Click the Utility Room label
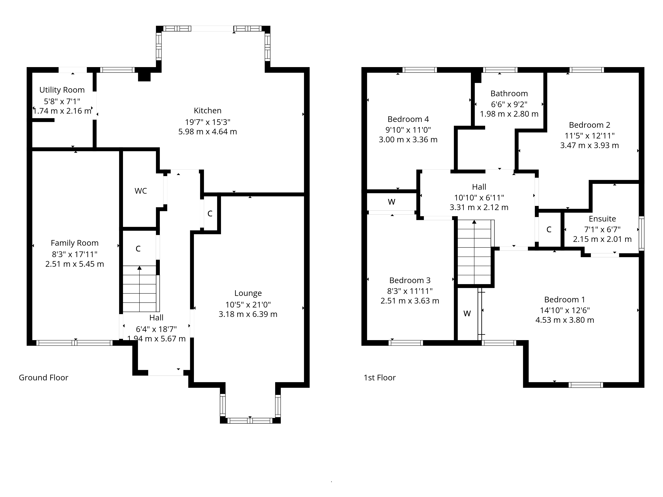pyautogui.click(x=62, y=90)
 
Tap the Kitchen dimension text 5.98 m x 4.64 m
pyautogui.click(x=208, y=132)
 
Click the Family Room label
pyautogui.click(x=75, y=243)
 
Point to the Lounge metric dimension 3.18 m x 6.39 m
pyautogui.click(x=248, y=314)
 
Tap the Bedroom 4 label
pyautogui.click(x=408, y=119)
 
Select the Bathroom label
pyautogui.click(x=509, y=93)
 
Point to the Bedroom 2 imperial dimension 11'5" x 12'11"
pyautogui.click(x=590, y=136)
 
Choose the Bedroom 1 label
pyautogui.click(x=565, y=300)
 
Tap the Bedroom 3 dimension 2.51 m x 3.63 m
pyautogui.click(x=410, y=301)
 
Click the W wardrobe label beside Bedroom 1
pyautogui.click(x=467, y=313)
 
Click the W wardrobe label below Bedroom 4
pyautogui.click(x=392, y=202)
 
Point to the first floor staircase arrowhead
pyautogui.click(x=474, y=222)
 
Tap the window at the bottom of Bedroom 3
pyautogui.click(x=406, y=343)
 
